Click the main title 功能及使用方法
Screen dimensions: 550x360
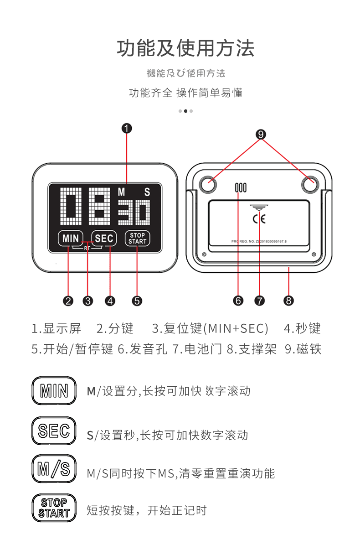click(185, 49)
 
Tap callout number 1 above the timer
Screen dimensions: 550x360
click(127, 128)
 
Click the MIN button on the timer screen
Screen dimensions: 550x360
click(71, 238)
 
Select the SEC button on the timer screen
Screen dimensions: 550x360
click(104, 238)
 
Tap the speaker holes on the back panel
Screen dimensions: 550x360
click(240, 187)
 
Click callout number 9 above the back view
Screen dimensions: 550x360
click(261, 134)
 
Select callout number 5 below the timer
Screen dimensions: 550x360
click(137, 301)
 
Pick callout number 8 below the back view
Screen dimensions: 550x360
click(288, 301)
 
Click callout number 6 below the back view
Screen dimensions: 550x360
click(238, 301)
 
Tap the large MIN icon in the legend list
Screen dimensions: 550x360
click(54, 391)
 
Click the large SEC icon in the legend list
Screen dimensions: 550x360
click(54, 431)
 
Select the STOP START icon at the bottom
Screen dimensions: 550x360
click(54, 508)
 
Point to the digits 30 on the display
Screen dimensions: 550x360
click(134, 213)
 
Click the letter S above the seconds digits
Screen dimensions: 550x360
click(147, 192)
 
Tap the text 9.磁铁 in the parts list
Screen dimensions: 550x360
click(303, 349)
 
